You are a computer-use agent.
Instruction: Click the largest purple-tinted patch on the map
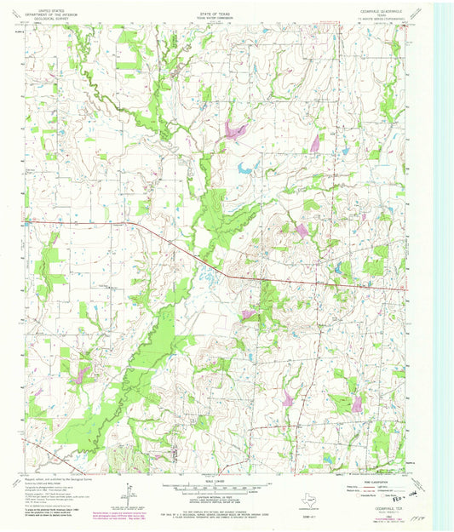(x=233, y=130)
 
